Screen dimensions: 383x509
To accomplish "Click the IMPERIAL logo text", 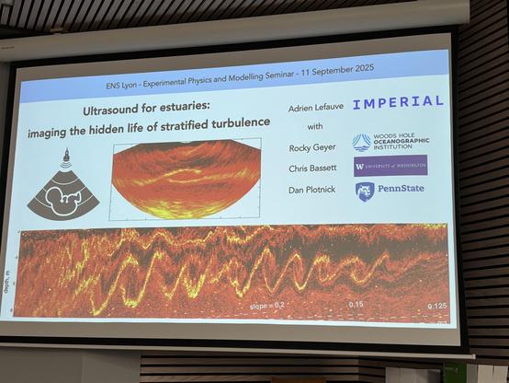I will [x=397, y=102].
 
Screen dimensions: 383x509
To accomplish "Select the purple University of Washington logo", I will [x=390, y=166].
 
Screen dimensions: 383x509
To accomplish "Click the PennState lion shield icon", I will [x=364, y=191].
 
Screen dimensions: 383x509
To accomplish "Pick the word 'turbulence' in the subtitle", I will [x=240, y=122].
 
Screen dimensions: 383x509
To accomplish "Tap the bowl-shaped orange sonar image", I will [x=185, y=178].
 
